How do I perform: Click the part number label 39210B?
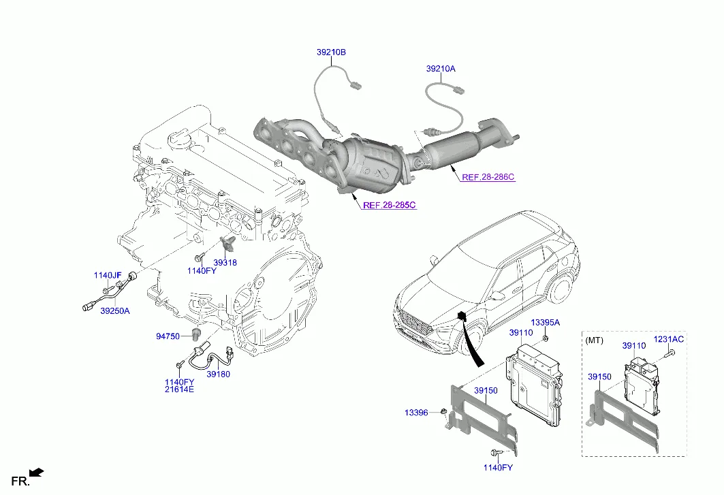pos(331,52)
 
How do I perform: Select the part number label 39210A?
pos(441,69)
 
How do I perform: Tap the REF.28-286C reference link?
pos(488,177)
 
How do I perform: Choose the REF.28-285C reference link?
pos(389,205)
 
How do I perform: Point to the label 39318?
pos(225,262)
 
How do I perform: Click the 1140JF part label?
pos(107,275)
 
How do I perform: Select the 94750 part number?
pos(168,336)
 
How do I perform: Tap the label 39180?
pos(218,374)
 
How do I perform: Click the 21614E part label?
pos(179,389)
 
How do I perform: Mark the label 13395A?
pos(545,322)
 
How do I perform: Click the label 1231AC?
pos(669,339)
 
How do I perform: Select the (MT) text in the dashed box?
pos(595,338)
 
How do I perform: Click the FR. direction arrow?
pos(37,471)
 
